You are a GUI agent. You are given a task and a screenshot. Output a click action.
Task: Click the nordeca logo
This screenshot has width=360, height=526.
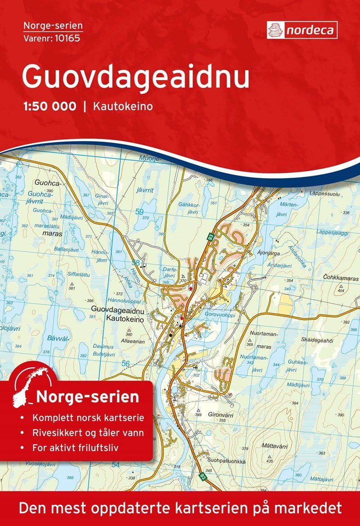click(x=302, y=30)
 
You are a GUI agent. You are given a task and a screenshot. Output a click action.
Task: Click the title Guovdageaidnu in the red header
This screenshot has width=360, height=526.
click(x=135, y=77)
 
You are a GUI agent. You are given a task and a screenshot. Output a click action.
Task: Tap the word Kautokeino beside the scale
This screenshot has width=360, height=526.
click(x=123, y=107)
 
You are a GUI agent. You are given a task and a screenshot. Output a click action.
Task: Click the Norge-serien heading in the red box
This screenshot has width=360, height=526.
click(x=87, y=397)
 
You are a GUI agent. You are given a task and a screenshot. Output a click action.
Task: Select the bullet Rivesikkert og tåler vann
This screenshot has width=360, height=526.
click(x=88, y=433)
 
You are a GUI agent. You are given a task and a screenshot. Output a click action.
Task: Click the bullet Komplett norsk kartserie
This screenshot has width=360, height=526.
click(x=88, y=418)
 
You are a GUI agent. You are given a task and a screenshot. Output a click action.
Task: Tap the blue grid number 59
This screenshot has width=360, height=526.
click(x=139, y=211)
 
